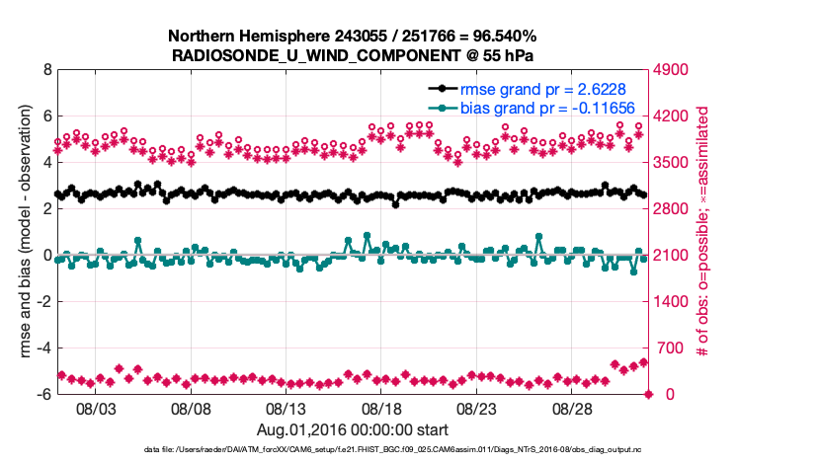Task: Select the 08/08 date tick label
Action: (192, 408)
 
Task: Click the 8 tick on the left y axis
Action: (46, 71)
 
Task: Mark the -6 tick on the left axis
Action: (43, 395)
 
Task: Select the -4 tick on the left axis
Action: (43, 348)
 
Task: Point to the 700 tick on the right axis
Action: (667, 348)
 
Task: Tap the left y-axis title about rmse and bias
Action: (23, 232)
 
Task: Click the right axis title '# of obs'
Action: (702, 232)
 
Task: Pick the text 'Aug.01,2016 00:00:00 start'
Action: (353, 429)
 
